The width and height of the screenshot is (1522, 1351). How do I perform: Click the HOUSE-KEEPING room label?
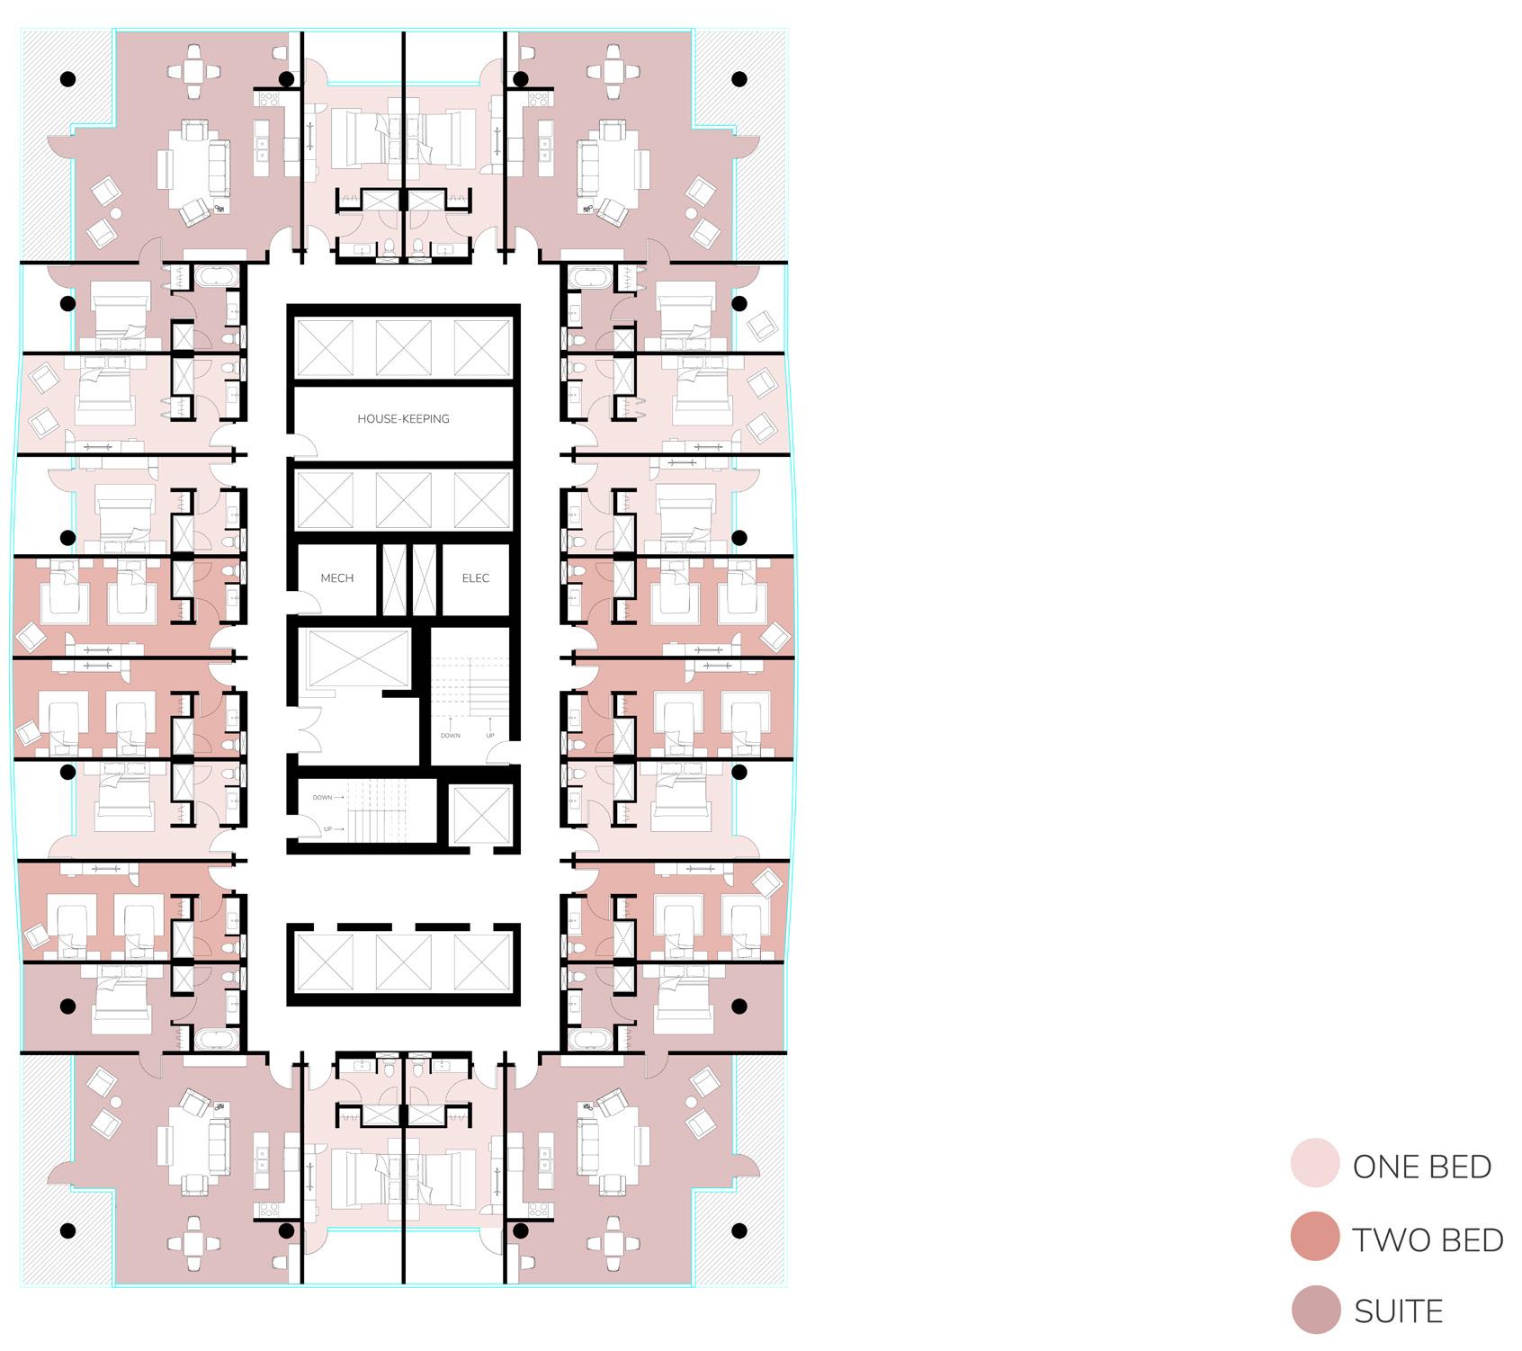pos(403,418)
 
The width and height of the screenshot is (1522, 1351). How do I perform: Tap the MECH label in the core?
pos(337,578)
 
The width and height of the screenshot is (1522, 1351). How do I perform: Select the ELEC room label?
pos(475,578)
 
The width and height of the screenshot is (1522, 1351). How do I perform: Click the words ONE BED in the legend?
pos(1421,1167)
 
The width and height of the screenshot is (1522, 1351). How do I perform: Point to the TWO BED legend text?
pos(1428,1239)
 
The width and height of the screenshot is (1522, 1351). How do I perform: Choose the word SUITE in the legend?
pos(1398,1311)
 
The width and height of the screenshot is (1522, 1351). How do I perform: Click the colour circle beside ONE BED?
pos(1314,1163)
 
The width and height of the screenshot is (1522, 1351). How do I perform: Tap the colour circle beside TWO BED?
pos(1314,1237)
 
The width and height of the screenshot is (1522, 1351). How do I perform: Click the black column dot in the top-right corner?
pos(739,79)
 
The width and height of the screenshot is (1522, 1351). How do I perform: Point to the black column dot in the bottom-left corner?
pos(67,1230)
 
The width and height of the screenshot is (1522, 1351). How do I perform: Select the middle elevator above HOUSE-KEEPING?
pos(402,346)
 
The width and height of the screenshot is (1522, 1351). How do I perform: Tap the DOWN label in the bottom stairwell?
pos(323,798)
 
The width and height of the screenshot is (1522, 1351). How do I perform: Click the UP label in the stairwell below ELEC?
pos(490,736)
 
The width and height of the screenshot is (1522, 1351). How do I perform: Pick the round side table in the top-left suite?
pos(116,213)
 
